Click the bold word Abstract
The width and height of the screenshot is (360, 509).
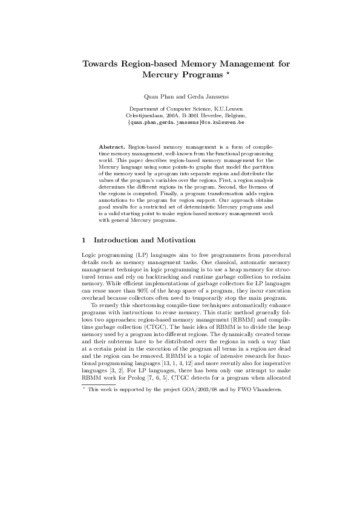click(112, 147)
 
